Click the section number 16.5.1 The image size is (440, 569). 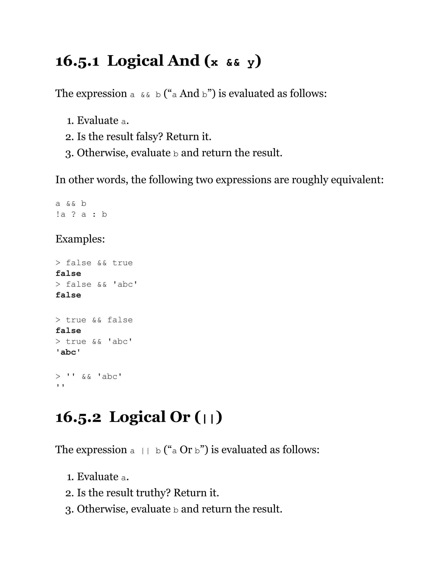(77, 61)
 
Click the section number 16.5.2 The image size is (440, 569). (78, 417)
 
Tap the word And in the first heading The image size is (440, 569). (183, 61)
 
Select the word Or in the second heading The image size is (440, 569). (180, 417)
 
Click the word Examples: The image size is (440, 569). (80, 239)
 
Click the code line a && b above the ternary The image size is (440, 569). (71, 204)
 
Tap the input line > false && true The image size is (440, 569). (94, 263)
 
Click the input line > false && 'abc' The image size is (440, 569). (96, 284)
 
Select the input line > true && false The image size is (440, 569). (94, 320)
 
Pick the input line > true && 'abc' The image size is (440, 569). (94, 342)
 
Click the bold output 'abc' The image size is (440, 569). (68, 352)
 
